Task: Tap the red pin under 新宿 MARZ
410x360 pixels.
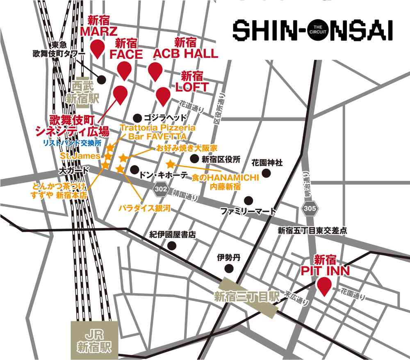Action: pos(98,48)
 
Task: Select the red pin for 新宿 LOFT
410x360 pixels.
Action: pos(163,95)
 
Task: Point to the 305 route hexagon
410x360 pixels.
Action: pos(310,209)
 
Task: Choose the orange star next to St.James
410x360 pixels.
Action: pos(108,156)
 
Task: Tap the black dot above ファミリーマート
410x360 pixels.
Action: pos(248,200)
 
